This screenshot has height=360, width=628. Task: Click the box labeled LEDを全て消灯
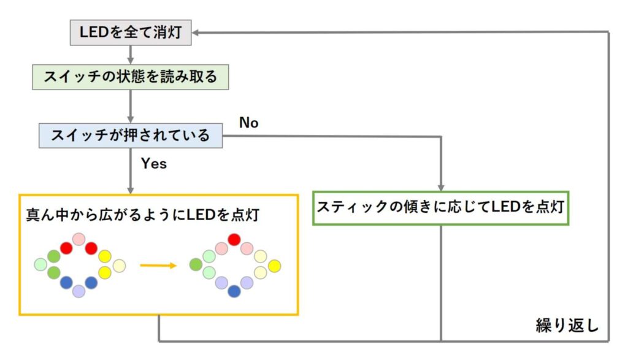(x=131, y=33)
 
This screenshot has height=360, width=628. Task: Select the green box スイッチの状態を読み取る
(x=131, y=77)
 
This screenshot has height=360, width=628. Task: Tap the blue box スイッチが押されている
(x=131, y=136)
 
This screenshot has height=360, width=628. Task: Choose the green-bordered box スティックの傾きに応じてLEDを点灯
(x=440, y=208)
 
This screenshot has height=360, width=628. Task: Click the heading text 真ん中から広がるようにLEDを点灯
(x=142, y=215)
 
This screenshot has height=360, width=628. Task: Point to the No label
(x=249, y=123)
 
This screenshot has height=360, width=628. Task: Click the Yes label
(x=154, y=163)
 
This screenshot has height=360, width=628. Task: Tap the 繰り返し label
(x=567, y=326)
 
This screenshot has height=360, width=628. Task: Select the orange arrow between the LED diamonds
(x=158, y=266)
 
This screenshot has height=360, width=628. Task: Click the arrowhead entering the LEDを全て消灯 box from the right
(x=196, y=33)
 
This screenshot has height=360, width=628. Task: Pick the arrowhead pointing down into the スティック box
(x=441, y=188)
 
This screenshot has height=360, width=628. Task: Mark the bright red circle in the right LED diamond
(x=234, y=240)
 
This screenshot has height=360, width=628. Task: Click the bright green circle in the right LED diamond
(x=196, y=265)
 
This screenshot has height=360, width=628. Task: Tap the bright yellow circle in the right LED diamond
(x=274, y=266)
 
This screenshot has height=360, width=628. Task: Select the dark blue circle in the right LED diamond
(x=234, y=291)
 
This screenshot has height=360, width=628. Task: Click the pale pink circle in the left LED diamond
(x=79, y=239)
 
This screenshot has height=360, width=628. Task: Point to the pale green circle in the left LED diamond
(x=40, y=264)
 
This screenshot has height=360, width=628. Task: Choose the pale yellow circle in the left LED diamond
(x=119, y=266)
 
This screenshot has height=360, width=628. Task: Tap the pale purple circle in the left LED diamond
(x=79, y=291)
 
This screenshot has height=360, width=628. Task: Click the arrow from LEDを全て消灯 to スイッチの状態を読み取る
(x=131, y=55)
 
